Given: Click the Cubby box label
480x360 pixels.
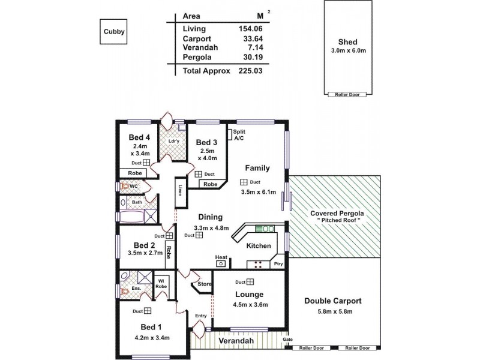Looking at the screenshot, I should click(113, 32).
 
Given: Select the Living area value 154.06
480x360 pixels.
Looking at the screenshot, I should click(251, 28).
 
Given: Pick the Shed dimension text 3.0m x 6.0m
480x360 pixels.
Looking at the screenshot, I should click(347, 50).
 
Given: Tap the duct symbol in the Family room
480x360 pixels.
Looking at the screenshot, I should click(244, 182).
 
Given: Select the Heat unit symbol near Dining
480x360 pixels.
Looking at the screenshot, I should click(221, 262).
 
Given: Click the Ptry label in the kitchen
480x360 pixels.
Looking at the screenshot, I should click(277, 263).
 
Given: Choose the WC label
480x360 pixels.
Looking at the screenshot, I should click(134, 187).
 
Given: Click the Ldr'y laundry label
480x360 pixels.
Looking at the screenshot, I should click(173, 142).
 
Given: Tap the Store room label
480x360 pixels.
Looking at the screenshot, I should click(205, 284).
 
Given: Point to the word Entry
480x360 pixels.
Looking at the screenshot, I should click(200, 315).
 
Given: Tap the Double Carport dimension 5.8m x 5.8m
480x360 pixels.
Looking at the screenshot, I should click(332, 311).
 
